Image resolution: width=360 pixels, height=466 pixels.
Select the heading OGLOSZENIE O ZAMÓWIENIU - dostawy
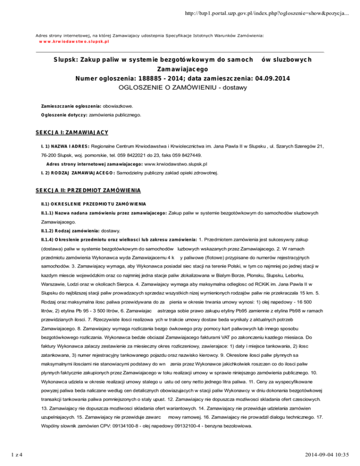[x=180, y=87]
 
